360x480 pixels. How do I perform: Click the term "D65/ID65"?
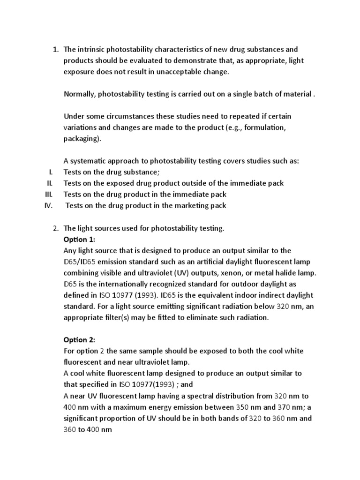tap(80, 262)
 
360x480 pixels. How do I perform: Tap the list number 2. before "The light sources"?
tap(56, 228)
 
